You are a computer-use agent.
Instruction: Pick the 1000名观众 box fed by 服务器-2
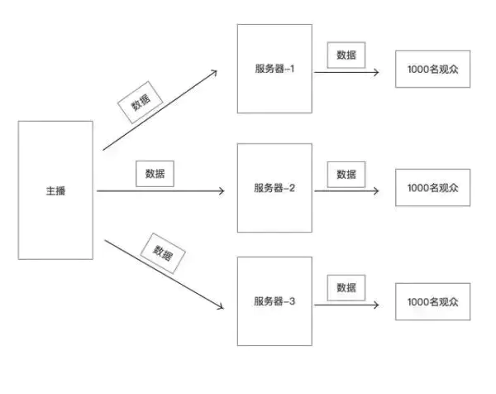point(432,188)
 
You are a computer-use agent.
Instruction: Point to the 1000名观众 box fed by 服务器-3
point(432,302)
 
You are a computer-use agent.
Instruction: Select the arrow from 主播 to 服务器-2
point(160,191)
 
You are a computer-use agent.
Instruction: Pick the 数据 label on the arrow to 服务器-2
point(155,174)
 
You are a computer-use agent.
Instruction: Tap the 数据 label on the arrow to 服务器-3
point(163,252)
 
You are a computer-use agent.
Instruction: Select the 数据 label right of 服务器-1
point(346,55)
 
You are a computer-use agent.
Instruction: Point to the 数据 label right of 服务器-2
point(346,174)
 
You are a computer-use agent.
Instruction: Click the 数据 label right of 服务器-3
point(346,287)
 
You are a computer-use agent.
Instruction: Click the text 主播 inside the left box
point(55,191)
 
